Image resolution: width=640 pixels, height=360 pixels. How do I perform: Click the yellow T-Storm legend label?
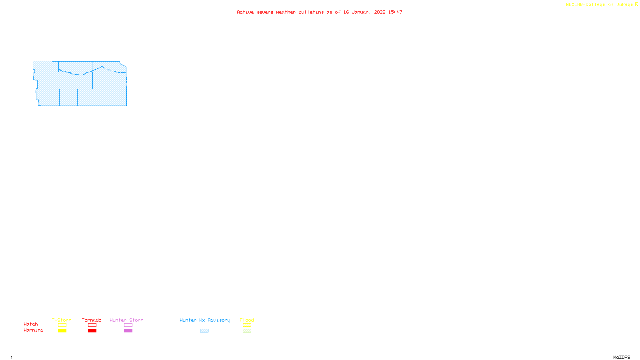click(x=62, y=320)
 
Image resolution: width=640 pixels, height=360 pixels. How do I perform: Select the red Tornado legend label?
click(x=92, y=320)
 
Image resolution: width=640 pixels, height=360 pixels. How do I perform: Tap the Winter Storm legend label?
click(x=126, y=320)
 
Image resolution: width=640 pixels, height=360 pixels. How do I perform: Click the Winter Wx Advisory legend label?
click(x=205, y=320)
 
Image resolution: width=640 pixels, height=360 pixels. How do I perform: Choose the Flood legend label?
click(x=247, y=320)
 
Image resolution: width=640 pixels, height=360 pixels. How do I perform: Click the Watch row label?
click(x=31, y=324)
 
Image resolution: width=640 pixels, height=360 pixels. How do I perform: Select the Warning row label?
click(x=33, y=330)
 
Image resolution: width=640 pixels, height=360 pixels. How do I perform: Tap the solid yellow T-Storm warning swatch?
click(x=62, y=331)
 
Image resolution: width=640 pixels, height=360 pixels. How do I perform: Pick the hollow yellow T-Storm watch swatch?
click(x=62, y=325)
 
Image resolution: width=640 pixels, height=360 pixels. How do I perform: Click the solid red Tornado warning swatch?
click(x=92, y=331)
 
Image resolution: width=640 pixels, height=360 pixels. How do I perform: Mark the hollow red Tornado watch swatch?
click(x=92, y=325)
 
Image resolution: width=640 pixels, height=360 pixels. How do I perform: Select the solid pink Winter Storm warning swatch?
click(x=128, y=331)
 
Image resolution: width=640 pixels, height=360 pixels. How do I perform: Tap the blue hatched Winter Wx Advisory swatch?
click(x=204, y=331)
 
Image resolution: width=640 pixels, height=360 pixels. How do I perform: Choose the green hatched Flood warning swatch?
click(x=247, y=331)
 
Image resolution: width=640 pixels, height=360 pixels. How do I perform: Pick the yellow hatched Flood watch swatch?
click(x=247, y=325)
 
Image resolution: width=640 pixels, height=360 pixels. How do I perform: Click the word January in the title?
click(x=362, y=12)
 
